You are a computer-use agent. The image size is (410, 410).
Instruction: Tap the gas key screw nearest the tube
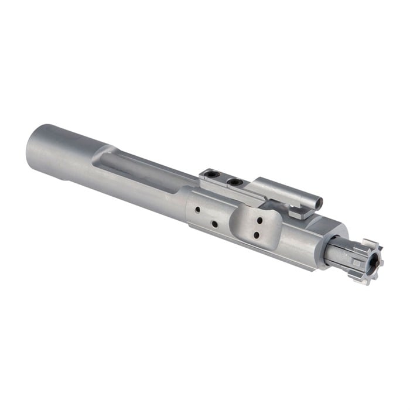coord(235,183)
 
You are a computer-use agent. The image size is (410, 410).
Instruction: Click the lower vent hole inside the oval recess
coord(256,235)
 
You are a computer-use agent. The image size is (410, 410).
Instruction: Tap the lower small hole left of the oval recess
coord(215,224)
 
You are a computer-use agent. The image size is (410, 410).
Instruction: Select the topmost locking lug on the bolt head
coord(369,242)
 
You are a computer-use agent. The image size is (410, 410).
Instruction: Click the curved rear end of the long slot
coord(94,153)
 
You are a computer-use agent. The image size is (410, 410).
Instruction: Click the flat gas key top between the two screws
coord(224,179)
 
